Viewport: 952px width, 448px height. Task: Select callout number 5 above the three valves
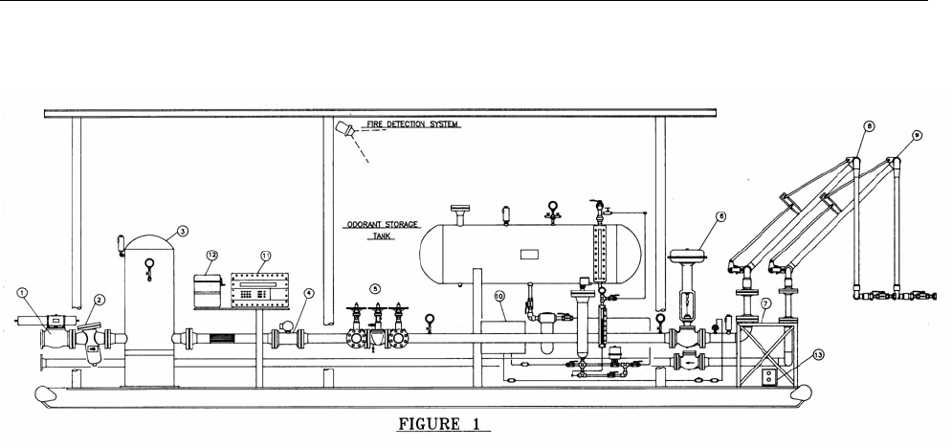[x=376, y=287]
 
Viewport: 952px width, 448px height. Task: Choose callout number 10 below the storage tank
[x=498, y=297]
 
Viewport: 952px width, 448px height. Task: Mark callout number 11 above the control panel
[x=265, y=257]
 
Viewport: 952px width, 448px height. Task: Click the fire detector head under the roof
[x=348, y=131]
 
